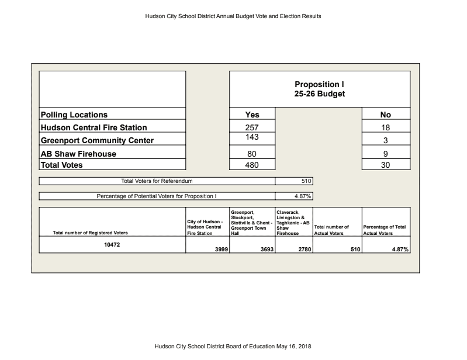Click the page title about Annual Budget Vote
233,16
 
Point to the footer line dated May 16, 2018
233,346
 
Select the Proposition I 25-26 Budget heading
319,89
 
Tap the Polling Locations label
74,115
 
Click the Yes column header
252,115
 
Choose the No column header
385,115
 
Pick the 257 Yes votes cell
252,127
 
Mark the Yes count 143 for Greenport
252,137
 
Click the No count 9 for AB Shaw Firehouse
385,154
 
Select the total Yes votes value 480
252,165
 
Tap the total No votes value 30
385,165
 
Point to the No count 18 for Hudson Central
385,127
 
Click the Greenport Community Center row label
97,140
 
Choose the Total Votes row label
61,165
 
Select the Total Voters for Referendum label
157,181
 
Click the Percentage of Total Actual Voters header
385,230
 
